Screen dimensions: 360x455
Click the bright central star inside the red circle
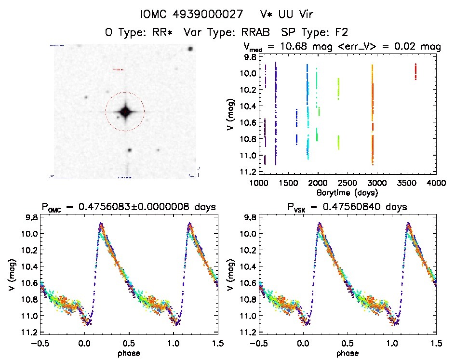pyautogui.click(x=125, y=112)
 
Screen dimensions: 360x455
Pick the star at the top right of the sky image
pyautogui.click(x=191, y=49)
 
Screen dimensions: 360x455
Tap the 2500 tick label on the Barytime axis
pyautogui.click(x=347, y=184)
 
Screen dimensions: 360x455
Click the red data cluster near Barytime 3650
pyautogui.click(x=415, y=71)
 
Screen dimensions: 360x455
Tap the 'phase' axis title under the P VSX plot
pyautogui.click(x=348, y=352)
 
